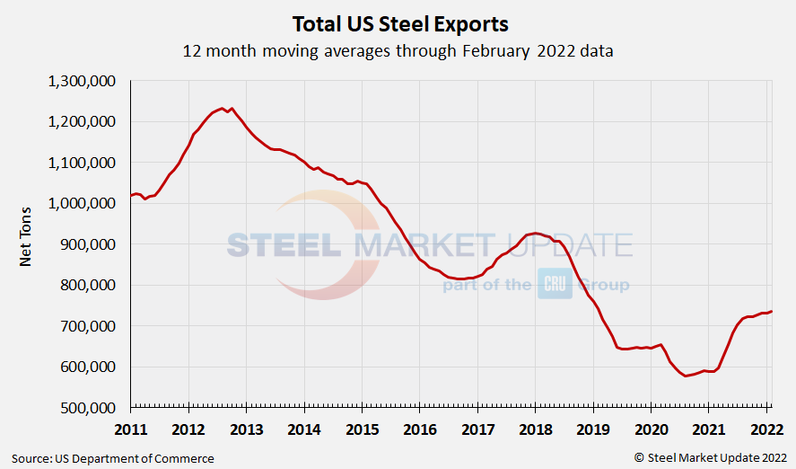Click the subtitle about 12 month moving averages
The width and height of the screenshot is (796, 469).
click(x=398, y=50)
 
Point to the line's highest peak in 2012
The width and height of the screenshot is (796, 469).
click(x=223, y=108)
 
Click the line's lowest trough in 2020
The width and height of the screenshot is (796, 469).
click(x=687, y=376)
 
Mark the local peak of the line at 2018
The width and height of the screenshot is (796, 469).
click(x=535, y=233)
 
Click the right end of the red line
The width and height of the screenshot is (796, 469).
click(x=772, y=311)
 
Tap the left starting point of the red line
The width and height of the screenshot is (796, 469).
click(x=131, y=195)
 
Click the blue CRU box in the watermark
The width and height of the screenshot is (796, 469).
click(x=555, y=284)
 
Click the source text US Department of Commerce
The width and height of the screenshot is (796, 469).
click(x=113, y=458)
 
